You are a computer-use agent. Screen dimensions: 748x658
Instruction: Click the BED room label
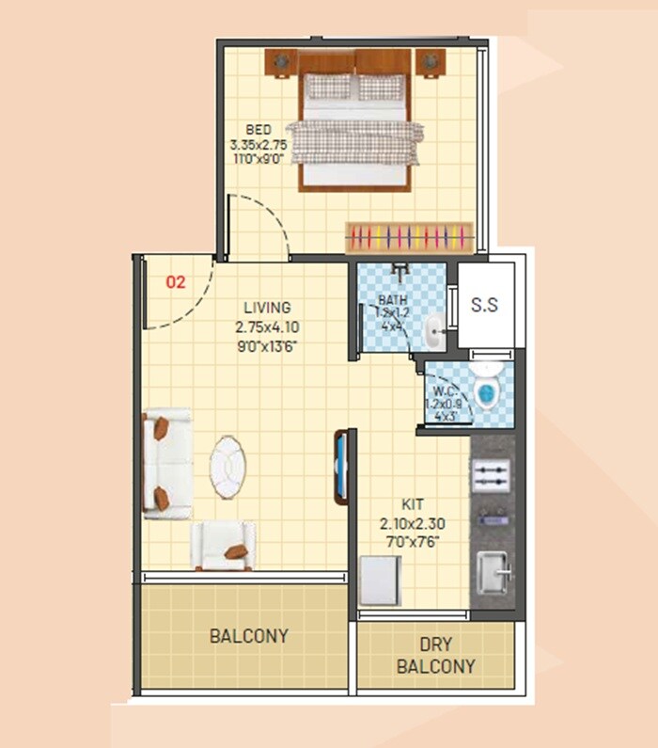(258, 129)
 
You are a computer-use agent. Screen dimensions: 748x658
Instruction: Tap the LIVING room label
(267, 308)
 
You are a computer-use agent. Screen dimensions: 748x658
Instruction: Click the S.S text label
(484, 305)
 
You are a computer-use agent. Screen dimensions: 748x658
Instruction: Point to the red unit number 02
(176, 281)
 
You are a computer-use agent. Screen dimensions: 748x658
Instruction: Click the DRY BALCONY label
(435, 656)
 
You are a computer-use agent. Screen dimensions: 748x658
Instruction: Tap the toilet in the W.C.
(486, 393)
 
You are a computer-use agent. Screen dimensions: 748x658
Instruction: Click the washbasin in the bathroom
(432, 329)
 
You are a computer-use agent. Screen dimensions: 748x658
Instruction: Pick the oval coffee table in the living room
(228, 466)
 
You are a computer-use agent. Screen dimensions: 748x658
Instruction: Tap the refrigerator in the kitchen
(381, 581)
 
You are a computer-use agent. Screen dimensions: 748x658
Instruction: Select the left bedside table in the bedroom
(280, 62)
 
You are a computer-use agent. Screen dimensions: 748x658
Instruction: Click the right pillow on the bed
(380, 88)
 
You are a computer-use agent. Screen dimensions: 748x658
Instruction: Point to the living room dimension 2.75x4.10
(268, 327)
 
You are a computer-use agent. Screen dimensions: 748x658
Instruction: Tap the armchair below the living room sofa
(223, 546)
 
